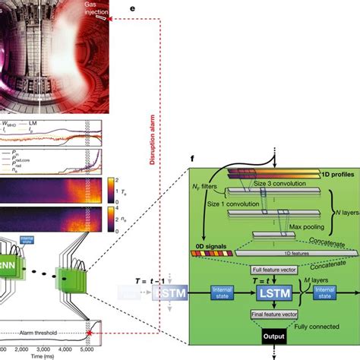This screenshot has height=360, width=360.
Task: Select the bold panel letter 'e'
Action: click(133, 6)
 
